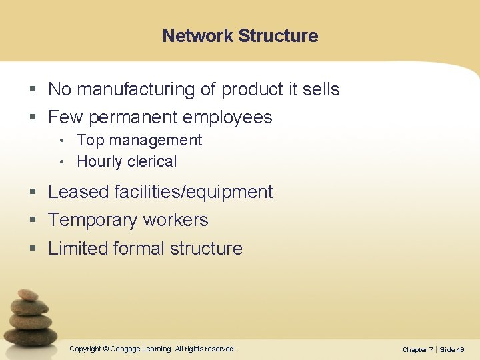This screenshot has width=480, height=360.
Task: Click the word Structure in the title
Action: click(278, 36)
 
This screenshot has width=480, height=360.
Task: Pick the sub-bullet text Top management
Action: click(139, 140)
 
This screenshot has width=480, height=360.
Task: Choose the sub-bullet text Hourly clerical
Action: click(127, 161)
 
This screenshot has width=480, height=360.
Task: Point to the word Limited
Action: click(78, 249)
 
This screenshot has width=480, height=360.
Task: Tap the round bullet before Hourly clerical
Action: click(61, 162)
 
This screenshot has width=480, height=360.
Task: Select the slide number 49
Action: click(461, 349)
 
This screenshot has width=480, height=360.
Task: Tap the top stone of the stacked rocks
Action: click(28, 295)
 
